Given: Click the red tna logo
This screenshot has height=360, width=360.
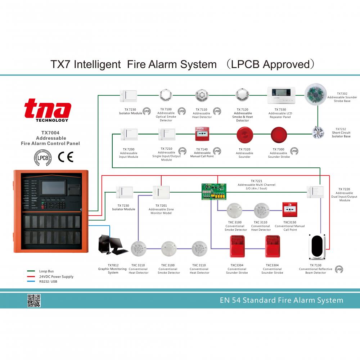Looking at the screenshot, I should [48, 109].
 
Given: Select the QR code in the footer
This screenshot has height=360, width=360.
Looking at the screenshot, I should [34, 301].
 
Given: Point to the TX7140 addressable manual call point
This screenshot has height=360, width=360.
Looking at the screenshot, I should [203, 134].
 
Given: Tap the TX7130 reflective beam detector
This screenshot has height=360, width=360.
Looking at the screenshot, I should [318, 247].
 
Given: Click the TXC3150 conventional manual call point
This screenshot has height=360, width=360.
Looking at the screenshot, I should [290, 209].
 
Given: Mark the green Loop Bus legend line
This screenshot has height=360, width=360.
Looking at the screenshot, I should [32, 271].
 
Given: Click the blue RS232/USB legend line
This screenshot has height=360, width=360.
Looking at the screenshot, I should [32, 282].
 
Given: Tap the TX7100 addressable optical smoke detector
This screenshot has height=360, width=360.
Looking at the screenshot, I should [166, 96].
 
